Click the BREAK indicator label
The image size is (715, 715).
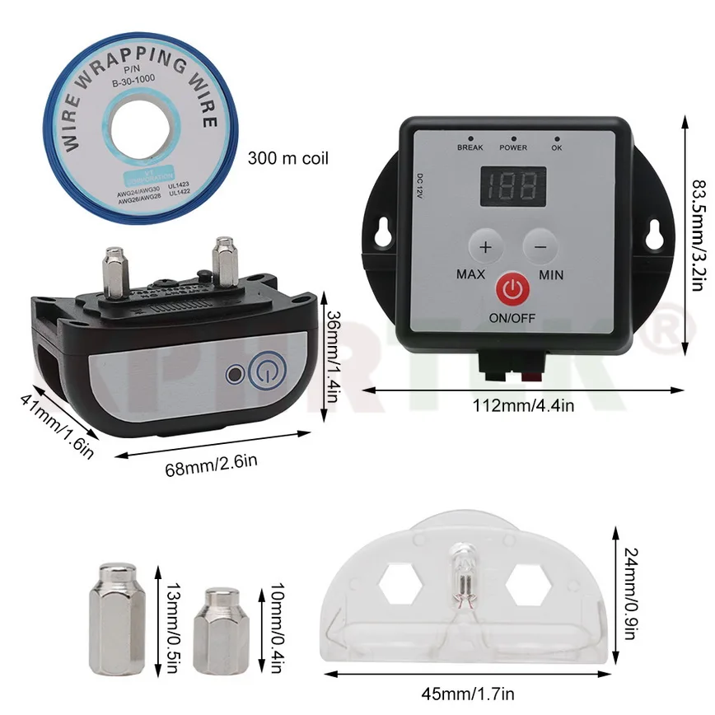(470, 147)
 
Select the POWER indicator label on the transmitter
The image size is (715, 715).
(513, 147)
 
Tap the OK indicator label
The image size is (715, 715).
(557, 147)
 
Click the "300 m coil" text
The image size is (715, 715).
(287, 157)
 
